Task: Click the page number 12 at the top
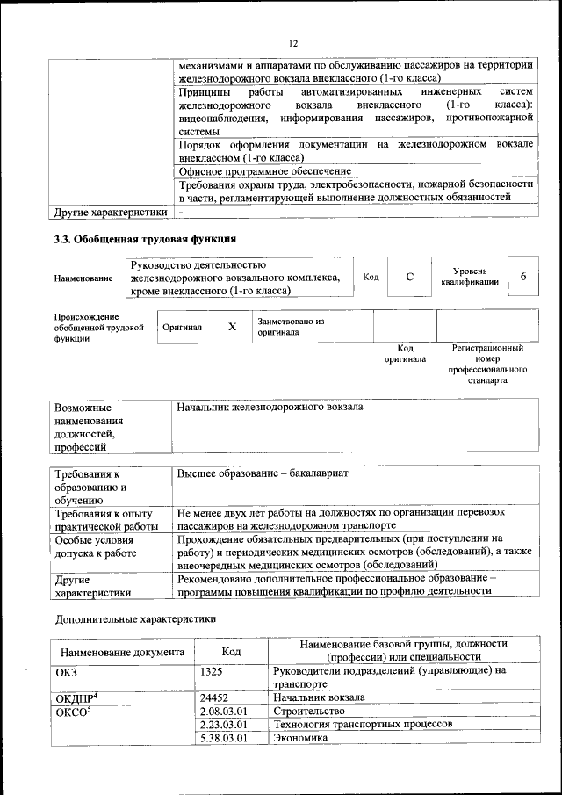293,44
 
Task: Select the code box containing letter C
409,278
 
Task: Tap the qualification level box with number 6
523,277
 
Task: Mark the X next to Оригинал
232,327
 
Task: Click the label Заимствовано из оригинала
292,327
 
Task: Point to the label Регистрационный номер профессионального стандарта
487,365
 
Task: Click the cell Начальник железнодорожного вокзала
270,408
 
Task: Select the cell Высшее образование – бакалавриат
263,473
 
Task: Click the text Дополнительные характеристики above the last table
135,618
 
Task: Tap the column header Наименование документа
122,653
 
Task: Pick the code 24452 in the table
215,697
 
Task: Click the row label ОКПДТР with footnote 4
76,697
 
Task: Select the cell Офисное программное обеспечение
265,171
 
